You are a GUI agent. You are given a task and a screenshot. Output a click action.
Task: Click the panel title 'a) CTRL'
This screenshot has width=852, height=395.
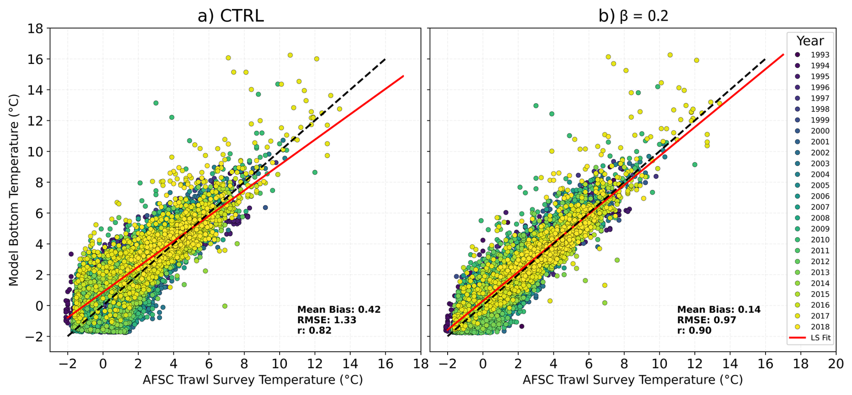pyautogui.click(x=231, y=16)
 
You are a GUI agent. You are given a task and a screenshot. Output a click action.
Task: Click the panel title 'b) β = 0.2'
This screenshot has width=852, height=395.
pyautogui.click(x=633, y=16)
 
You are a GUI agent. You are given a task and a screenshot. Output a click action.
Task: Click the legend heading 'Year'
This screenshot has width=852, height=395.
pyautogui.click(x=810, y=41)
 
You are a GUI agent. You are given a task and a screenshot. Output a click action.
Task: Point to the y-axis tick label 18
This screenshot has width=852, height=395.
pyautogui.click(x=36, y=28)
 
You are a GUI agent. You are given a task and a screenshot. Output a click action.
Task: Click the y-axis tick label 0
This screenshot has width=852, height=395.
pyautogui.click(x=39, y=306)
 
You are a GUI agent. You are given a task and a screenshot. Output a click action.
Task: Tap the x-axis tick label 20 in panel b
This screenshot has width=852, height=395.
pyautogui.click(x=836, y=364)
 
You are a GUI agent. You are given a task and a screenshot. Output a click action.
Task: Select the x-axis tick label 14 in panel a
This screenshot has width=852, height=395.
pyautogui.click(x=350, y=364)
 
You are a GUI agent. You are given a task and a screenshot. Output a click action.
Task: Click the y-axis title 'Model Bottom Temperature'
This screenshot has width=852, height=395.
pyautogui.click(x=14, y=190)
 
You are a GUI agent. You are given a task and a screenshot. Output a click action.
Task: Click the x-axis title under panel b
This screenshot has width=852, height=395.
pyautogui.click(x=632, y=380)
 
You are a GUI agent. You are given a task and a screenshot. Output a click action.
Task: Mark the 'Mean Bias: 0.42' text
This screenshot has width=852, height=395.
pyautogui.click(x=339, y=310)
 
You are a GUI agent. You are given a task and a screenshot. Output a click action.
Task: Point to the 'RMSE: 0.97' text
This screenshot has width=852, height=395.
pyautogui.click(x=707, y=320)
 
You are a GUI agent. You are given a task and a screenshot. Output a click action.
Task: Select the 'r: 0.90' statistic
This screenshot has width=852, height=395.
pyautogui.click(x=694, y=331)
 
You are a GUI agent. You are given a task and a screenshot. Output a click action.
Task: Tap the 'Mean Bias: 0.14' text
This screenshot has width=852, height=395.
pyautogui.click(x=719, y=310)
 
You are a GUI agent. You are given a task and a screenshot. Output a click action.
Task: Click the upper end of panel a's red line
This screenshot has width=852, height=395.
pyautogui.click(x=403, y=76)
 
